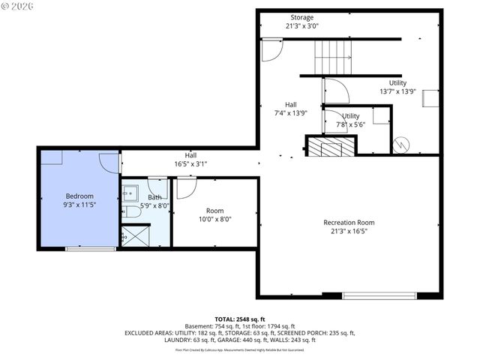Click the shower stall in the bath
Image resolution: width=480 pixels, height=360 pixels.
point(135,236)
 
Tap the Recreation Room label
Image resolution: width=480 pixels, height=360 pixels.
point(349,223)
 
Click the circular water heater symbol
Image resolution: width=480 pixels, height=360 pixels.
point(400,142)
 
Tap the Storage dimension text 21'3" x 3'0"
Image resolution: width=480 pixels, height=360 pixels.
point(302,26)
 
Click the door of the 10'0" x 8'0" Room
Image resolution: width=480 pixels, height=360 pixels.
point(185,187)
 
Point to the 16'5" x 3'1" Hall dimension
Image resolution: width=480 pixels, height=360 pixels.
point(190,163)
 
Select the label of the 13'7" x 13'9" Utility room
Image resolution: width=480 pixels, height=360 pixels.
point(397,83)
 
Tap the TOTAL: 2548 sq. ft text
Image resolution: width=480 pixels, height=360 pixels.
point(239,319)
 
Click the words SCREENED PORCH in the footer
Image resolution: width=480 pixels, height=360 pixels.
point(312,332)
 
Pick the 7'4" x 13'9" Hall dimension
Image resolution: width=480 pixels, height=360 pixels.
point(290,113)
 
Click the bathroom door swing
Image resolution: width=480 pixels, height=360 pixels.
point(158,187)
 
